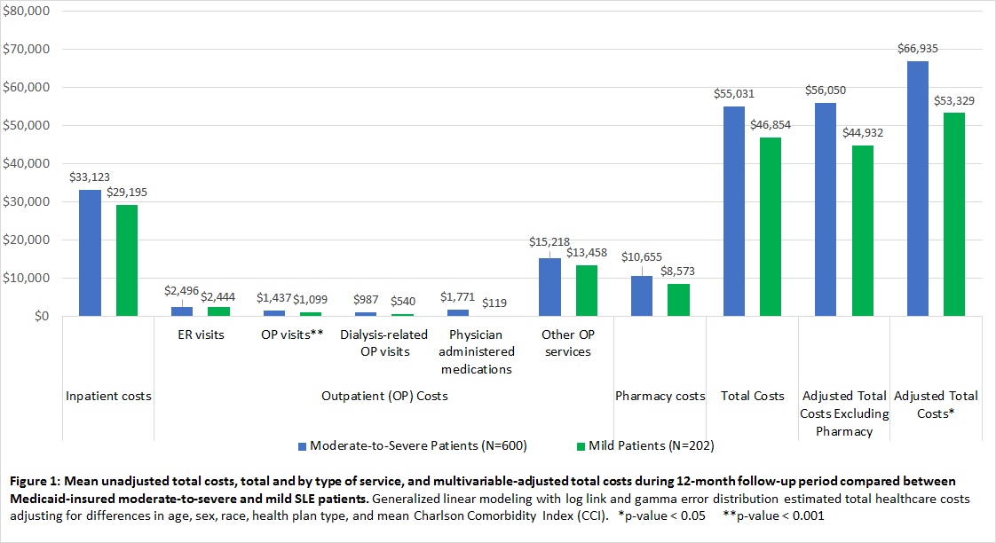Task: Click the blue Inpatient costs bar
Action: click(x=90, y=253)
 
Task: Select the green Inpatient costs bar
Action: click(x=126, y=261)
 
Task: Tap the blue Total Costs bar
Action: click(x=734, y=211)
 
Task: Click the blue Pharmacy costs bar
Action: click(x=642, y=295)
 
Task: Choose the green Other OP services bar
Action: click(x=587, y=290)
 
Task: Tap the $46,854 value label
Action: click(x=770, y=125)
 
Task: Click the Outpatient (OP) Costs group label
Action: click(x=383, y=396)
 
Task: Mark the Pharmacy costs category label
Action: click(x=660, y=396)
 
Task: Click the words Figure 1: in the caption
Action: click(x=36, y=481)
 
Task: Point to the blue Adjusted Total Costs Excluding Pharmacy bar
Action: click(x=826, y=209)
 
